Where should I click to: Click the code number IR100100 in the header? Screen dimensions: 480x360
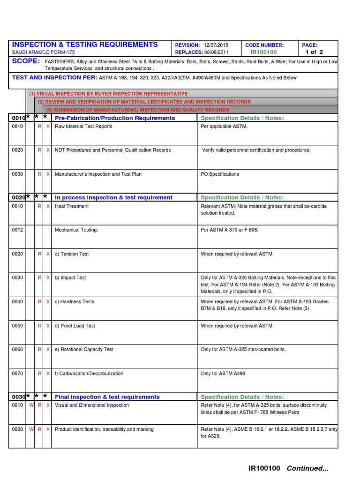pos(263,52)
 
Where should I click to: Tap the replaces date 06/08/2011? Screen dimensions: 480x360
pos(219,52)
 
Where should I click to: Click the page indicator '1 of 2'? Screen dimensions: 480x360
pos(314,52)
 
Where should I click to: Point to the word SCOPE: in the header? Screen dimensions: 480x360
pos(26,62)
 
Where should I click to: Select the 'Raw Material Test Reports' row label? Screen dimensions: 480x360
pos(83,127)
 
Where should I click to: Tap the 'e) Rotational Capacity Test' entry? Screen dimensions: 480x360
pos(84,350)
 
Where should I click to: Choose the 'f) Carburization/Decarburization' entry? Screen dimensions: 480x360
pos(89,374)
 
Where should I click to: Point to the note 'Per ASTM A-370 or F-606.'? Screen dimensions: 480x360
pos(229,230)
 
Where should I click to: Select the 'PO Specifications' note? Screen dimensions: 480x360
pos(220,174)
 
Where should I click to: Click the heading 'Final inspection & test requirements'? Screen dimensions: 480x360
pos(107,397)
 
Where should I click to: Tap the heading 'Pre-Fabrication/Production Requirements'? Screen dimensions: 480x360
pos(115,118)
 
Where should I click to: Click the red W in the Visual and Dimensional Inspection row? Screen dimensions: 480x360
pos(31,405)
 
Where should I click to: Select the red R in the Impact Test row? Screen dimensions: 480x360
pos(40,278)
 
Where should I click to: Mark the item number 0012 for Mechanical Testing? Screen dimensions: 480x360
pos(17,230)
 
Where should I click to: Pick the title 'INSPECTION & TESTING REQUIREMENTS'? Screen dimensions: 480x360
pos(85,45)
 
